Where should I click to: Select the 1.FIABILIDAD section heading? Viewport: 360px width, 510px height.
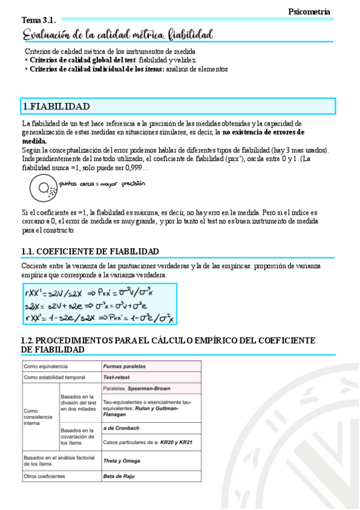(x=56, y=106)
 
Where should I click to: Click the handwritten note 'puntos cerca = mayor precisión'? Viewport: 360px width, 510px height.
(x=102, y=184)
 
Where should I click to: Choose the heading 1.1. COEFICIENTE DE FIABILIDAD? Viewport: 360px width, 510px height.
(x=90, y=251)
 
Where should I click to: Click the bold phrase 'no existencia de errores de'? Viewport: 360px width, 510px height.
(x=264, y=132)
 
